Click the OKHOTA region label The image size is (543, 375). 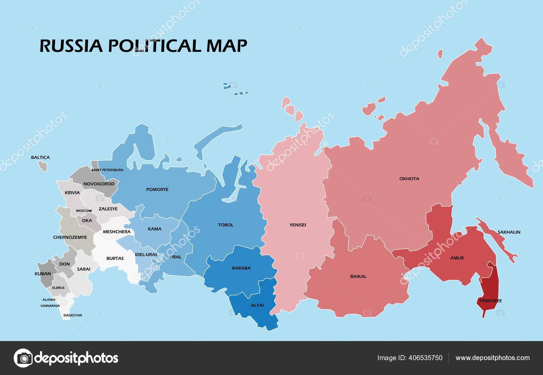[x=409, y=179]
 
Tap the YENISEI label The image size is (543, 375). [x=298, y=225]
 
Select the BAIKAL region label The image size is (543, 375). [x=358, y=276]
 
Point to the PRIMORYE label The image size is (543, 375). [x=490, y=301]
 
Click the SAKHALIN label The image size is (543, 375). [x=509, y=232]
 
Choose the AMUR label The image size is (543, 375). [x=457, y=258]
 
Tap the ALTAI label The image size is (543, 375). [x=257, y=305]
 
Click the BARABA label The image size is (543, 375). [x=241, y=268]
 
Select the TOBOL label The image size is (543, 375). [x=226, y=225]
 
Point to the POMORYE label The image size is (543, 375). [x=157, y=189]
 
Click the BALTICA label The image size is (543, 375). [x=40, y=157]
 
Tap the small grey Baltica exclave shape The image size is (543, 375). [x=43, y=166]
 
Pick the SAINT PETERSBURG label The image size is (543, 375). [x=107, y=170]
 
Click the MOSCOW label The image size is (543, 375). [x=84, y=211]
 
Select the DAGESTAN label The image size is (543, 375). [x=73, y=315]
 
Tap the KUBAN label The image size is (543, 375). [x=43, y=274]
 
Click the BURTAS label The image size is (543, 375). [x=115, y=258]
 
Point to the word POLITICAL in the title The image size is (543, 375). [x=155, y=46]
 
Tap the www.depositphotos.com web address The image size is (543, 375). [x=492, y=358]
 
